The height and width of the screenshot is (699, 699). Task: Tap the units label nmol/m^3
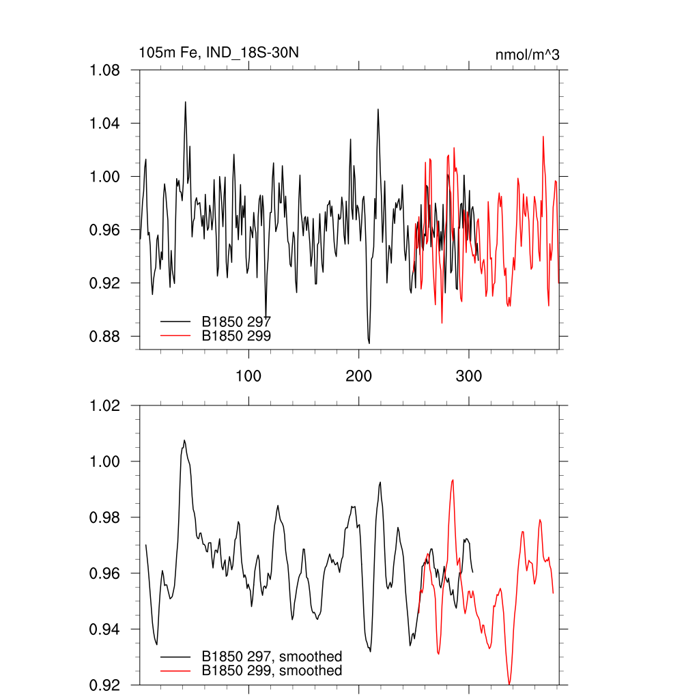(528, 55)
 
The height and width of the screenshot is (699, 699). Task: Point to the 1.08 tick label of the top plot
(106, 70)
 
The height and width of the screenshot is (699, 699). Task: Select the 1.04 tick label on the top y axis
(106, 124)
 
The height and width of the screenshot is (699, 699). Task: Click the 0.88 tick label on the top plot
(106, 337)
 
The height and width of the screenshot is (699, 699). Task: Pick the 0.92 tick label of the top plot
(106, 283)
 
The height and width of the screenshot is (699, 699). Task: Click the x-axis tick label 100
(248, 376)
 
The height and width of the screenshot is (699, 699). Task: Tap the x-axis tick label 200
(359, 376)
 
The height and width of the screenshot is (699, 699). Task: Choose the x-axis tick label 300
(469, 376)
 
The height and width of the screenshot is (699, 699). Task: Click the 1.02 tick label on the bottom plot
(106, 405)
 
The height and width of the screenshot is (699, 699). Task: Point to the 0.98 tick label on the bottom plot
(106, 517)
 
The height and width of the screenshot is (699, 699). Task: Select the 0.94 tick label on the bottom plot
(106, 629)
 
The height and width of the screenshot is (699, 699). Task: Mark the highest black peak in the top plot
(185, 102)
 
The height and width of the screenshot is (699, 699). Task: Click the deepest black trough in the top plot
(369, 343)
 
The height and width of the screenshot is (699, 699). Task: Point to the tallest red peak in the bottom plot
(452, 480)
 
